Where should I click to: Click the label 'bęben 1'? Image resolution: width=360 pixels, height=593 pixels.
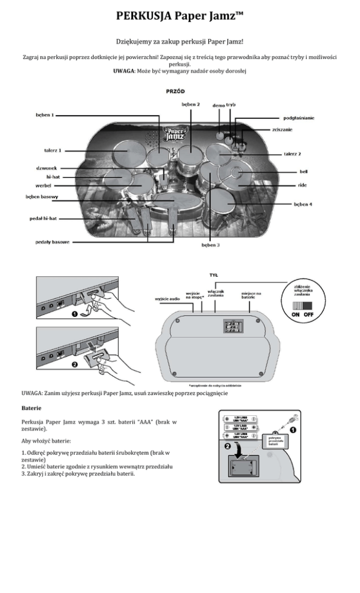(44, 114)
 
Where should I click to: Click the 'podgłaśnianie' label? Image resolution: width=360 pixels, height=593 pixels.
(299, 118)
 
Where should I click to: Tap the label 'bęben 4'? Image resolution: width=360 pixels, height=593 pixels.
(303, 205)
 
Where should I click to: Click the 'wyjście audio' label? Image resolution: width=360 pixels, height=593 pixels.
(168, 298)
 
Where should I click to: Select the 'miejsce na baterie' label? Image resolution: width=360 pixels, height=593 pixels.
(251, 295)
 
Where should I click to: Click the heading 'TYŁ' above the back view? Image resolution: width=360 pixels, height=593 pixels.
(214, 275)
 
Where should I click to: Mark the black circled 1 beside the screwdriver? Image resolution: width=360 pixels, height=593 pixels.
(293, 429)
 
